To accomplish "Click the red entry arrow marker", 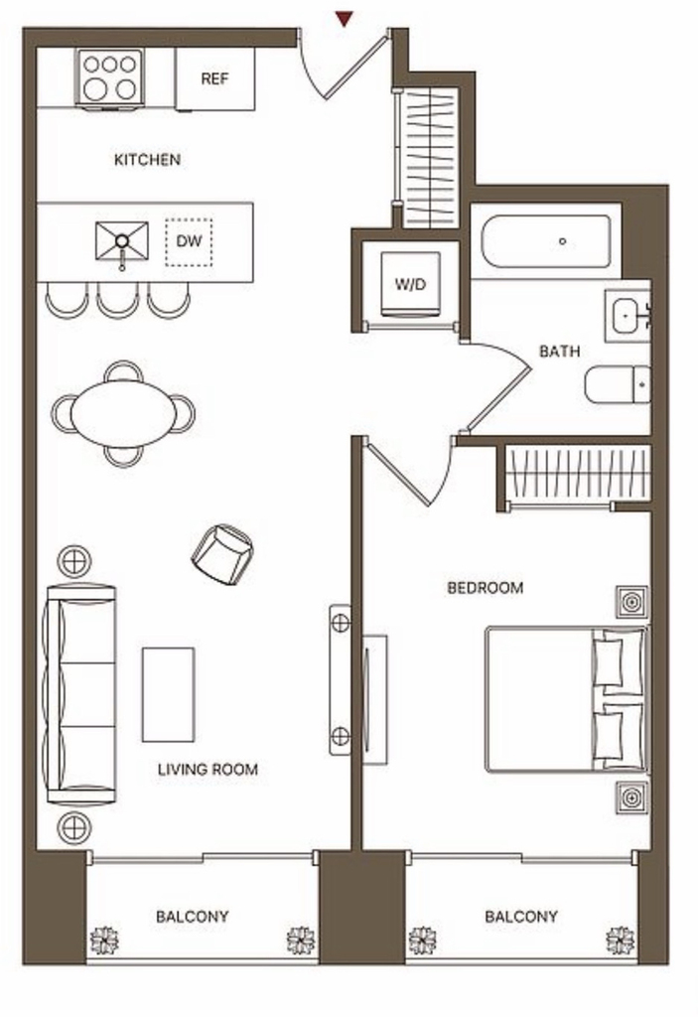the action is click(345, 20).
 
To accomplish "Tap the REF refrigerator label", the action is click(214, 79).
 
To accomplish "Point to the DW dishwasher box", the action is click(189, 242).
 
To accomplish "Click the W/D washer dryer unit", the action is click(410, 285).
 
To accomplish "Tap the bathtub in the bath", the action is click(546, 241).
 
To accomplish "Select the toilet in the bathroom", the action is click(618, 384).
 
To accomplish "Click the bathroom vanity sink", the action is click(628, 316).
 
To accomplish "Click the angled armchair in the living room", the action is click(221, 553).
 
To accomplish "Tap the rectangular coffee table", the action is click(168, 694).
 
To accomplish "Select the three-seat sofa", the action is click(80, 694).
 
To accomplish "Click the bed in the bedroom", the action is click(567, 698).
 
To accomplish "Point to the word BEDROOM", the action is click(486, 588).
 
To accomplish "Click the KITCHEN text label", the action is click(147, 160).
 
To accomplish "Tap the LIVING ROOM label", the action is click(208, 770).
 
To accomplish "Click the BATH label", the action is click(560, 352).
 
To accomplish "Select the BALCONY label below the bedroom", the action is click(521, 917).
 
